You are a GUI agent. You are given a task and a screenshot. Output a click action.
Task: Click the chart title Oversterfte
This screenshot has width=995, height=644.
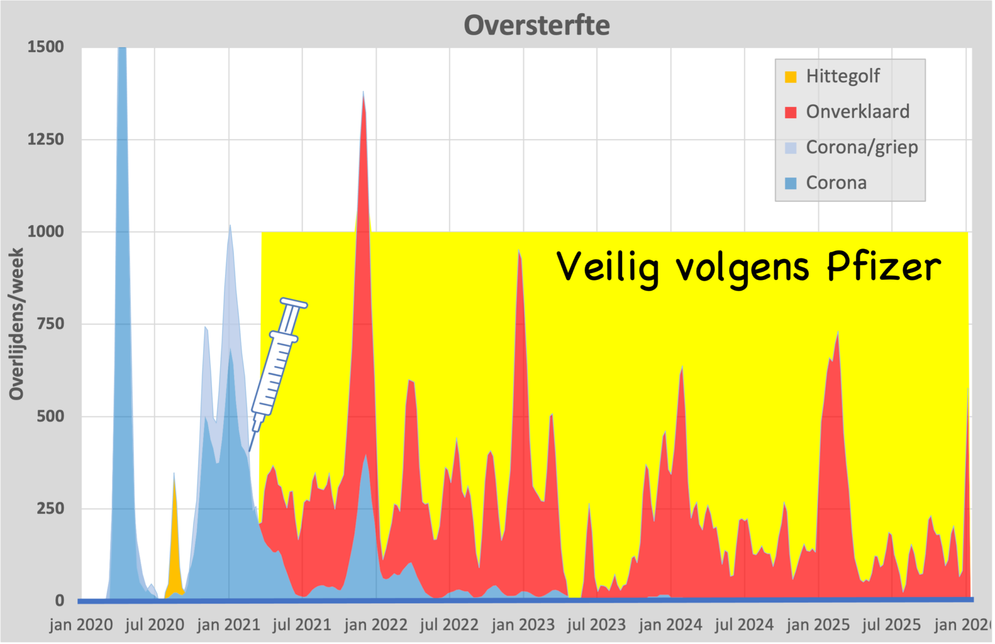[536, 25]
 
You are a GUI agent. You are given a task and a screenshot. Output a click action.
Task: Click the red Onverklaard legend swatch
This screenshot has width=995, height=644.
[790, 112]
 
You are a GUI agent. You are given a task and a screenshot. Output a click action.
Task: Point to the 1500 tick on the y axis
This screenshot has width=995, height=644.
[46, 47]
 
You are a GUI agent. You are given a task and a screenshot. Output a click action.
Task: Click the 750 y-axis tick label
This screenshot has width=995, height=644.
[51, 324]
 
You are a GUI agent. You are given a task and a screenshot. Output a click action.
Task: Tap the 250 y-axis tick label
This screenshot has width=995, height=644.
[51, 508]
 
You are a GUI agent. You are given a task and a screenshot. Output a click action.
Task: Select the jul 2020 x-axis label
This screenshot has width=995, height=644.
[154, 625]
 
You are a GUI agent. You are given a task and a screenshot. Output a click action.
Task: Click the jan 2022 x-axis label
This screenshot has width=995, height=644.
[376, 625]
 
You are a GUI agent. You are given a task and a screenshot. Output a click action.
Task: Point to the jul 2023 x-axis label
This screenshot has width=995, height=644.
[597, 625]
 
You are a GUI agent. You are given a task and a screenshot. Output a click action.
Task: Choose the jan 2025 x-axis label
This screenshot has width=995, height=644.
[818, 625]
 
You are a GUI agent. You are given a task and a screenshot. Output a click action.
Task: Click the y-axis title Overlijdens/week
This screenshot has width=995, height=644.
[17, 324]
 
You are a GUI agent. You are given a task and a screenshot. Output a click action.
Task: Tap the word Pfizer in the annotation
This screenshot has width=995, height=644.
[884, 267]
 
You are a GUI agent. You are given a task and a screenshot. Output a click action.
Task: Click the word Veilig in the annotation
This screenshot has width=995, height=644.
[608, 267]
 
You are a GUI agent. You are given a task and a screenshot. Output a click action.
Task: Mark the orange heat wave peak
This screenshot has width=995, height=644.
[174, 474]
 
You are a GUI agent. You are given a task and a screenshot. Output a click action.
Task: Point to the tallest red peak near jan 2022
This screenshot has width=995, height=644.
[363, 92]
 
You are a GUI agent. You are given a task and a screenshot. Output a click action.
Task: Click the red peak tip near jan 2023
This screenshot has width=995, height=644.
[519, 251]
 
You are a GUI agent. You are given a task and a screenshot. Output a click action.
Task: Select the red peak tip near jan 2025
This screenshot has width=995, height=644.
[838, 332]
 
